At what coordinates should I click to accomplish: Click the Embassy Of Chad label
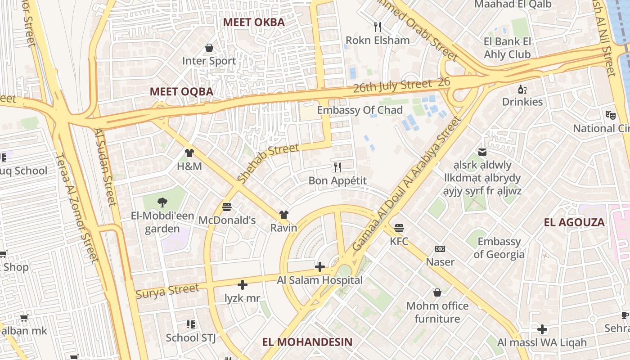pyautogui.click(x=360, y=110)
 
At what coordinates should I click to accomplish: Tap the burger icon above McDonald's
pyautogui.click(x=227, y=207)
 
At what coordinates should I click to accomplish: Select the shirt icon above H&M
pyautogui.click(x=189, y=153)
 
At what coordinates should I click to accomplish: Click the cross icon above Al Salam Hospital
pyautogui.click(x=319, y=267)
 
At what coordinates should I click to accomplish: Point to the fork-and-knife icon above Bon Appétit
pyautogui.click(x=337, y=167)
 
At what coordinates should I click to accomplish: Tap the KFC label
pyautogui.click(x=399, y=242)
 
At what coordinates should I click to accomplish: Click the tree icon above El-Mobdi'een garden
pyautogui.click(x=162, y=202)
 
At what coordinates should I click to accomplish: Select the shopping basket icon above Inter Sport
pyautogui.click(x=209, y=48)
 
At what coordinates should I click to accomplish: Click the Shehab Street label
pyautogui.click(x=268, y=163)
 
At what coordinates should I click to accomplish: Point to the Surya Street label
pyautogui.click(x=167, y=291)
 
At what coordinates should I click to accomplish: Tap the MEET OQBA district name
pyautogui.click(x=181, y=92)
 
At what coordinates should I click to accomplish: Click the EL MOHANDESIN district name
pyautogui.click(x=307, y=342)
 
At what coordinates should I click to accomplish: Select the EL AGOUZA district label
pyautogui.click(x=574, y=222)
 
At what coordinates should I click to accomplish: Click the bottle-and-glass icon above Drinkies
pyautogui.click(x=522, y=89)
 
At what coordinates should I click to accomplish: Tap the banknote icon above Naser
pyautogui.click(x=440, y=249)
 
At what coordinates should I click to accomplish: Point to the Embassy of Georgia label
pyautogui.click(x=499, y=248)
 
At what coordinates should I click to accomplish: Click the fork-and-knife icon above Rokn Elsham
pyautogui.click(x=378, y=27)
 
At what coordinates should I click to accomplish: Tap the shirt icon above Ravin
pyautogui.click(x=283, y=215)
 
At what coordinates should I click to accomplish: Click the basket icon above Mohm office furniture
pyautogui.click(x=437, y=293)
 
